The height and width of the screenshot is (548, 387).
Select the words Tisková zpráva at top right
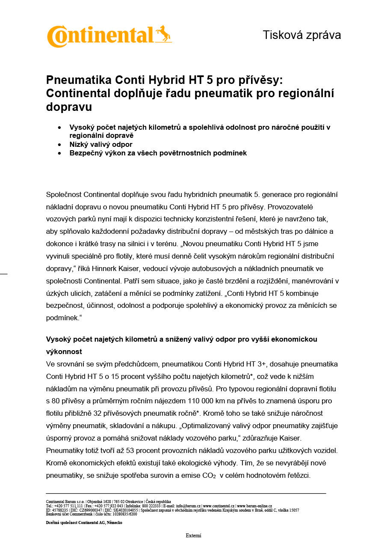(x=301, y=35)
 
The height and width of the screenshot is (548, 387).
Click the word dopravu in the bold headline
(x=69, y=107)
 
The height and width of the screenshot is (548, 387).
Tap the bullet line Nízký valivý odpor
(x=101, y=144)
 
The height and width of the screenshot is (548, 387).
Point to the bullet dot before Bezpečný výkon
(x=59, y=153)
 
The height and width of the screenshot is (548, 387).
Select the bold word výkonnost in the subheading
(x=64, y=351)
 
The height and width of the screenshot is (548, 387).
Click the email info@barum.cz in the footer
(x=189, y=506)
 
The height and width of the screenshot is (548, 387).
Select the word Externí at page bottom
(x=193, y=536)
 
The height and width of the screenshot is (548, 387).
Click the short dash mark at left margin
(x=3, y=273)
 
